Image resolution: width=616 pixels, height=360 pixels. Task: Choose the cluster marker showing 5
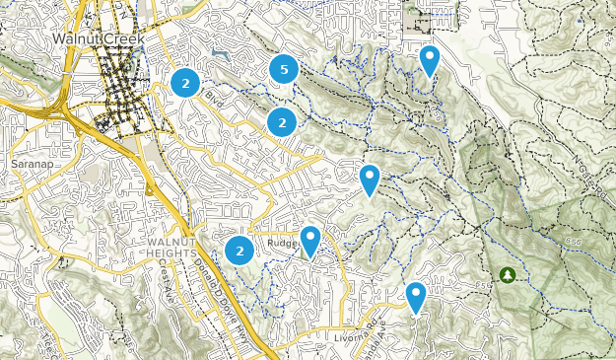pos(284,69)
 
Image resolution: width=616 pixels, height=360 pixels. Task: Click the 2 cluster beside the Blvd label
pos(184,82)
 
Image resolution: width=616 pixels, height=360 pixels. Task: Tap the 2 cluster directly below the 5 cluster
pos(282,122)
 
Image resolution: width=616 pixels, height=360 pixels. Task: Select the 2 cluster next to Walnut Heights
pos(239,251)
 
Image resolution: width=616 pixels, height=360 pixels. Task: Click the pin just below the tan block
pos(429,60)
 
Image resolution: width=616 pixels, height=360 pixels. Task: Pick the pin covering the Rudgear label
pos(310,240)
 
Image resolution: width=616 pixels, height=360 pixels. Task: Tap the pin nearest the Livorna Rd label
pos(416,296)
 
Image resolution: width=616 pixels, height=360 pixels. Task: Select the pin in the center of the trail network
pos(370,179)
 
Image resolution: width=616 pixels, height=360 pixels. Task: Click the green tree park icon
pos(508,273)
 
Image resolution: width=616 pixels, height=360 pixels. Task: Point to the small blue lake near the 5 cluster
pos(218,53)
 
